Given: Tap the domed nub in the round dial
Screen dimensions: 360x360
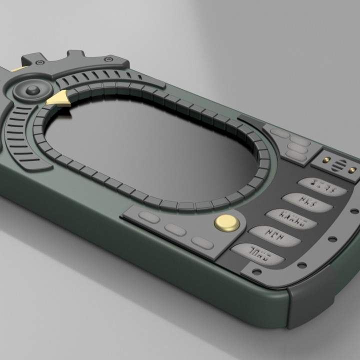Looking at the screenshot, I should click(33, 90).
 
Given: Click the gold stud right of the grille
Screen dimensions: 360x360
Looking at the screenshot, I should click(352, 170).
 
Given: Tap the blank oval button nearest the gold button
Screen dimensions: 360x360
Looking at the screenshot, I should click(202, 243).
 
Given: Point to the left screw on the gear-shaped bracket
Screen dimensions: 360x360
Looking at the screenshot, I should click(37, 61).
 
